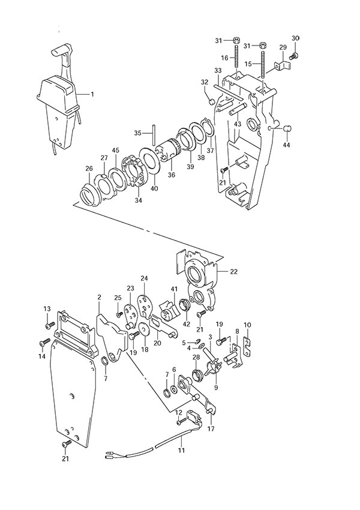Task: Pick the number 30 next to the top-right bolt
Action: click(x=295, y=38)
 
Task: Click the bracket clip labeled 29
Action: click(x=279, y=63)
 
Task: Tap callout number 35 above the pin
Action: click(x=137, y=133)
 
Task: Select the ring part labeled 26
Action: click(x=91, y=194)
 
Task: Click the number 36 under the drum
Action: click(x=172, y=175)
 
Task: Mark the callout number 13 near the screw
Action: click(x=47, y=308)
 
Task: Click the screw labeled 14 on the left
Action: click(x=43, y=344)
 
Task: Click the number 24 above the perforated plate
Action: click(x=144, y=278)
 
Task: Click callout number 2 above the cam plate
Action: click(x=100, y=297)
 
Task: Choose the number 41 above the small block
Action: click(x=175, y=290)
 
